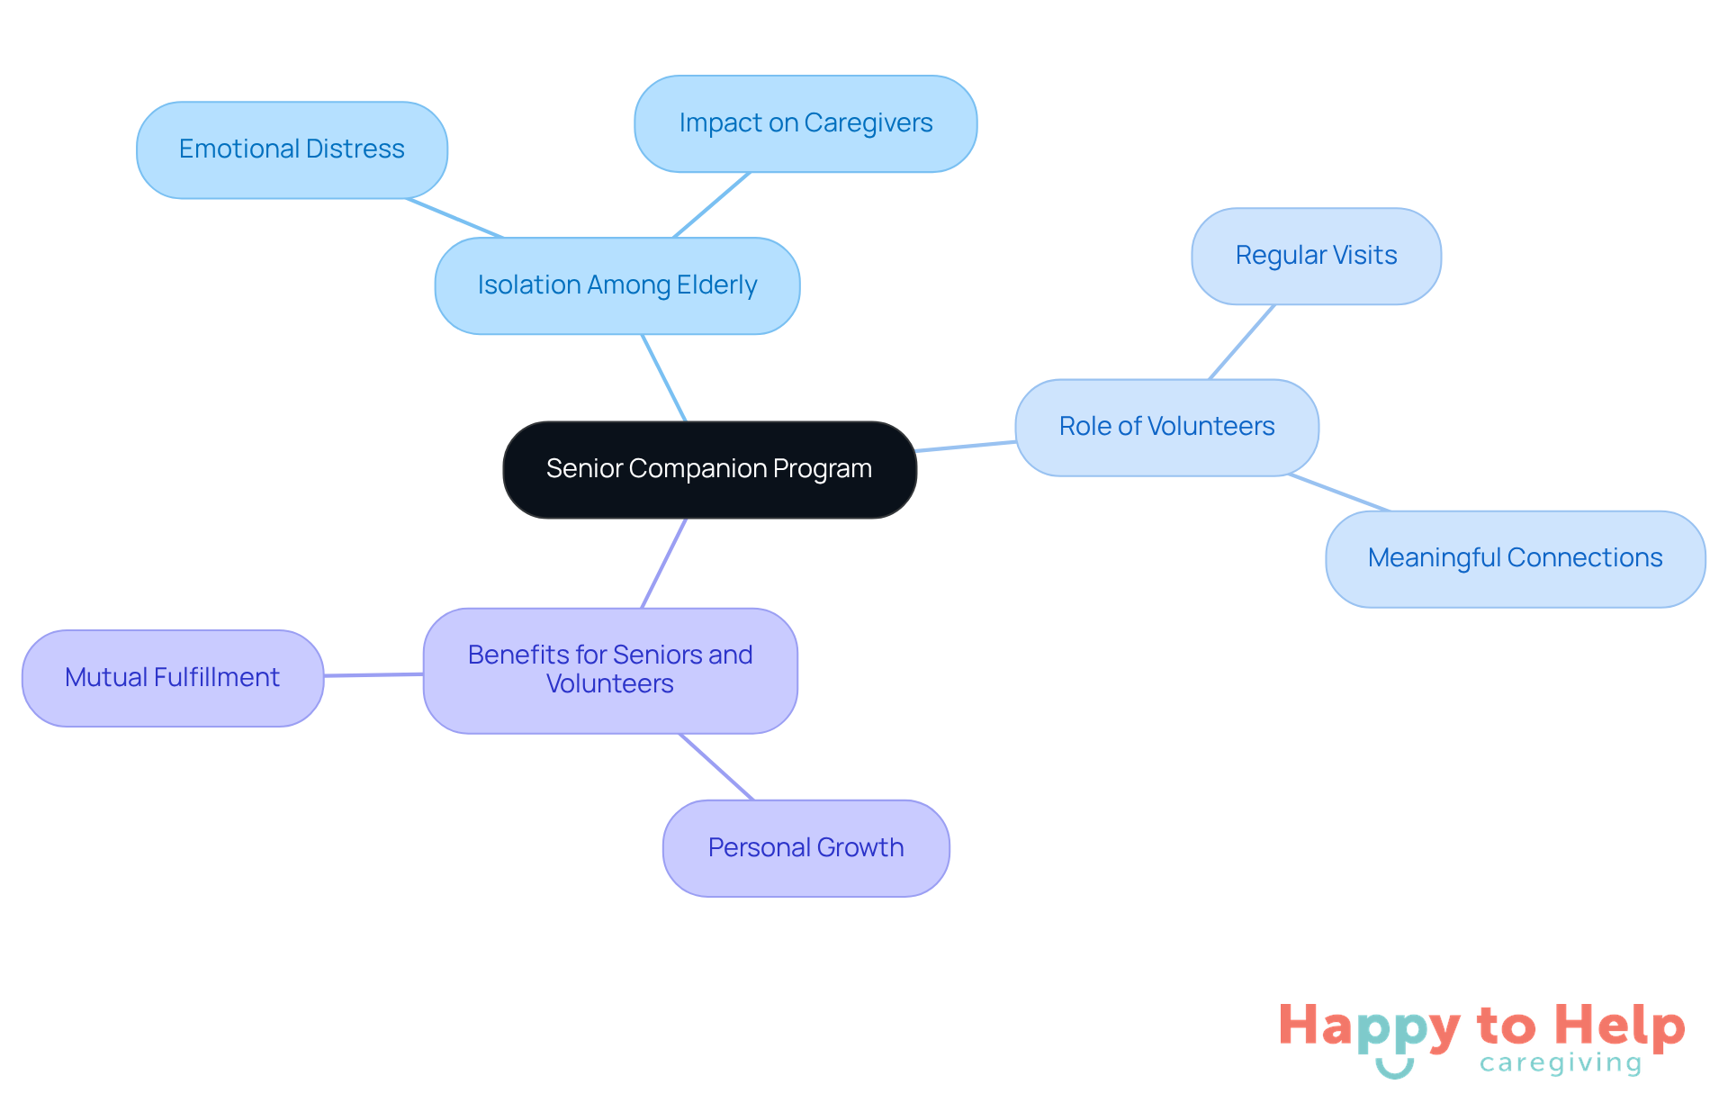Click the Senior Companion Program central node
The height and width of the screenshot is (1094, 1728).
709,469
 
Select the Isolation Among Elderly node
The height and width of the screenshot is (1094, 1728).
617,285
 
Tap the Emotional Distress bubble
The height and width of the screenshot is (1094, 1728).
292,149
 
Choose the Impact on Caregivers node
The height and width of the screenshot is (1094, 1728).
805,123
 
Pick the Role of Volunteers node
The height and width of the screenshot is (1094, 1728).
1166,427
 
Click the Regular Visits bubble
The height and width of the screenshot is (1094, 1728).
1316,256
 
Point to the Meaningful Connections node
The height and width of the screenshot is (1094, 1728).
1515,558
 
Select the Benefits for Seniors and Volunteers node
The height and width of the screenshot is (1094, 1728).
610,670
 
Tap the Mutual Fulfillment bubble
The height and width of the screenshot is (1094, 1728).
172,678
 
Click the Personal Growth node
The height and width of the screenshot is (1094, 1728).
805,848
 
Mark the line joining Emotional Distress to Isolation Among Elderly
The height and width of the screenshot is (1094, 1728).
454,218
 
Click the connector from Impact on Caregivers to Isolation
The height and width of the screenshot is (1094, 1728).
711,205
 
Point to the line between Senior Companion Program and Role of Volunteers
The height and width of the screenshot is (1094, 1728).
966,446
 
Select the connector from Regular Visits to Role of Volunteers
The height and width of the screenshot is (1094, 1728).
1242,342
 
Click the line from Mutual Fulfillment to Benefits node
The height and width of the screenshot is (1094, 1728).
373,674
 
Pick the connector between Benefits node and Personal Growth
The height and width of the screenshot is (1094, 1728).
716,766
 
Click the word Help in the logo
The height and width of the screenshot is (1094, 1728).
1620,1026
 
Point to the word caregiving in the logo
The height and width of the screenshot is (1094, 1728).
1561,1063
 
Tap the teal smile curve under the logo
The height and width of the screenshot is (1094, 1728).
1394,1071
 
